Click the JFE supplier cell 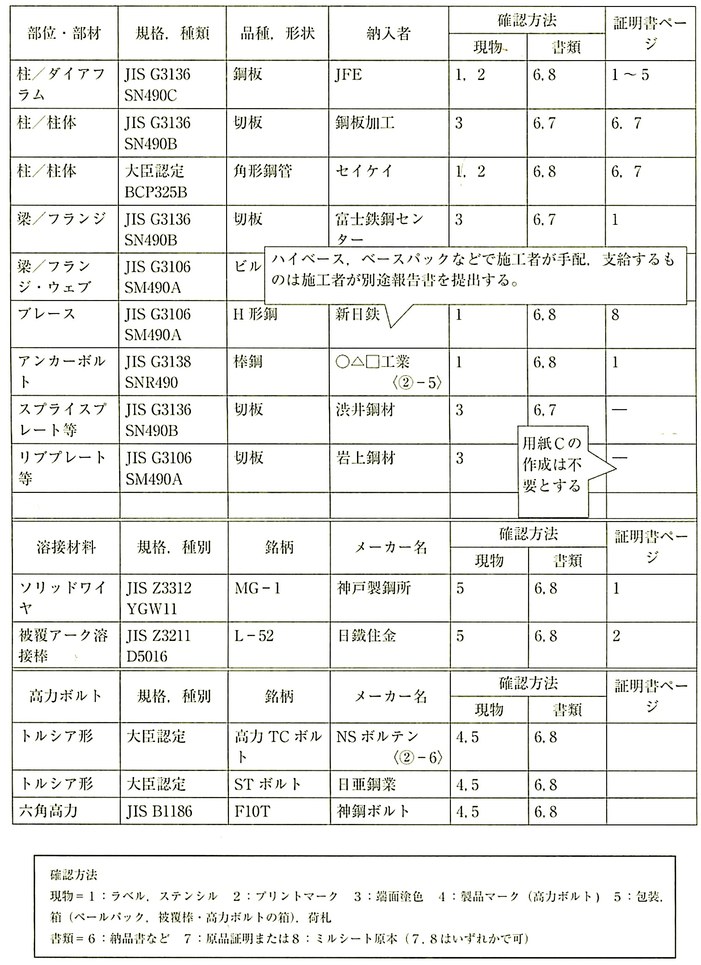[348, 75]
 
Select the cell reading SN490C [150, 96]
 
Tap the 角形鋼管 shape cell [263, 172]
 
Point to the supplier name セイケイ [364, 172]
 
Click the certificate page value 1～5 [630, 75]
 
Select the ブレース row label [46, 314]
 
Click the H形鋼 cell [255, 315]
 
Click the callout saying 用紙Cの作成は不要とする [553, 465]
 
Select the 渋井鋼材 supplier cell [365, 410]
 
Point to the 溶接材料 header [66, 548]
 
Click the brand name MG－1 [258, 589]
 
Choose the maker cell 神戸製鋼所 [374, 589]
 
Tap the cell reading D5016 [147, 657]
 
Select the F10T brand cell [252, 811]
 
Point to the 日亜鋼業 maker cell [366, 785]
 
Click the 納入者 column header [388, 34]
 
